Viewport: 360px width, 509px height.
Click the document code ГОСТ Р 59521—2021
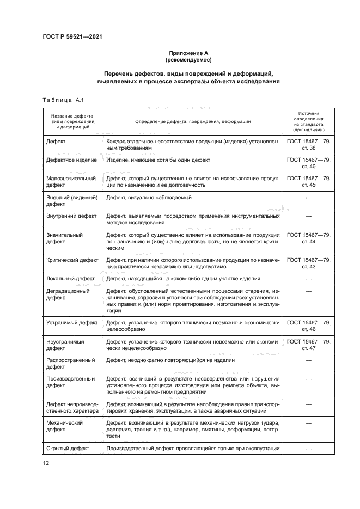point(72,37)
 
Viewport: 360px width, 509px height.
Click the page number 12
point(46,462)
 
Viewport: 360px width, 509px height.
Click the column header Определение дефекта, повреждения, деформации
point(193,122)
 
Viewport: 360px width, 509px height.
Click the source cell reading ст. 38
point(308,148)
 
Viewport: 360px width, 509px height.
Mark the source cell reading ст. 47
point(308,347)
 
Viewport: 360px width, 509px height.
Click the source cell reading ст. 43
point(308,267)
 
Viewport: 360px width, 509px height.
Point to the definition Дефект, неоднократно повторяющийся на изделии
point(170,360)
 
